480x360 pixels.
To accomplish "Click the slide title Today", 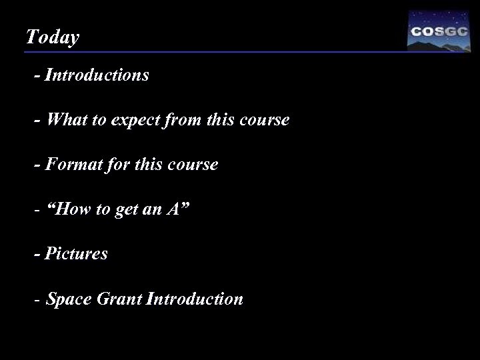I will click(52, 37).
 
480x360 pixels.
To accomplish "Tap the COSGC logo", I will click(438, 32).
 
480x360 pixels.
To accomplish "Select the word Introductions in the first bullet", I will click(97, 75).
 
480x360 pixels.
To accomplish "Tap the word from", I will click(185, 120).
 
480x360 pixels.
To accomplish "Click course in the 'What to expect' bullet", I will click(265, 121).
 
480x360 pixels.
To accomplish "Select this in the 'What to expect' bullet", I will click(223, 120).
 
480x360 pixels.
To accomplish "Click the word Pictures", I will click(76, 254).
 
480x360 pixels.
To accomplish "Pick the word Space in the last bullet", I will click(71, 299).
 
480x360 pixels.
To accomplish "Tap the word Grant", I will click(121, 299).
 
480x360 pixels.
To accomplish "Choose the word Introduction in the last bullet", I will click(195, 299).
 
